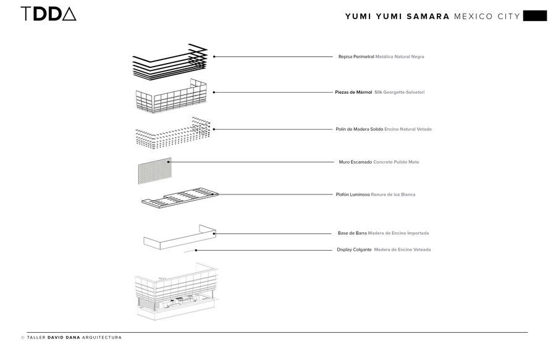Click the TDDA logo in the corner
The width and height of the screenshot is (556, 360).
pos(48,14)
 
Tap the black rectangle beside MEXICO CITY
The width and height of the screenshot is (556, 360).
pos(534,16)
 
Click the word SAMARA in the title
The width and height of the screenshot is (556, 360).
pos(426,16)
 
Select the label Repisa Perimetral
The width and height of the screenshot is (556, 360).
pos(356,57)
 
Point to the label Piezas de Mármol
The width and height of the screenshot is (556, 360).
pos(353,93)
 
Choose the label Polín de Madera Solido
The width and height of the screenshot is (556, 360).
pos(359,129)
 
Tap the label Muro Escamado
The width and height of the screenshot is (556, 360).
pos(356,162)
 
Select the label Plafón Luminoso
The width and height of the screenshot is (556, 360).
pos(352,195)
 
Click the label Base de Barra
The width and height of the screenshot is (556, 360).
pos(352,233)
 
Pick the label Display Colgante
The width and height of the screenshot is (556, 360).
pos(354,249)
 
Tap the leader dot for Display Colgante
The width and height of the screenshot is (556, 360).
pos(196,249)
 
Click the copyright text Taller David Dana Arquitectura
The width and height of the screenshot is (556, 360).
pos(72,338)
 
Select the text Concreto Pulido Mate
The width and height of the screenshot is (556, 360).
pos(396,162)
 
